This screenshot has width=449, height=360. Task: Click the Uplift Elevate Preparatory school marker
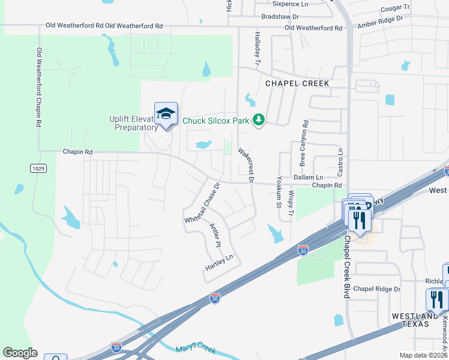[x=166, y=113]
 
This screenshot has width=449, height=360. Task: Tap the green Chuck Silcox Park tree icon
[x=259, y=121]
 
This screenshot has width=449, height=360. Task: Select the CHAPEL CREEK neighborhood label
[x=298, y=83]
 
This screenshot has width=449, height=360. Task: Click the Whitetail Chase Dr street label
[x=202, y=203]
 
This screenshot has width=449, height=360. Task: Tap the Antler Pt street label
[x=215, y=236]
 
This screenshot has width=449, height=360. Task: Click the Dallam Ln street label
[x=309, y=178]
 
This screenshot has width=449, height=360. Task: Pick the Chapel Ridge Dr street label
[x=376, y=289]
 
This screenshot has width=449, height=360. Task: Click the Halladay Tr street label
[x=257, y=49]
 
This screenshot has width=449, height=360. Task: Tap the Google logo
[x=20, y=353]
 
